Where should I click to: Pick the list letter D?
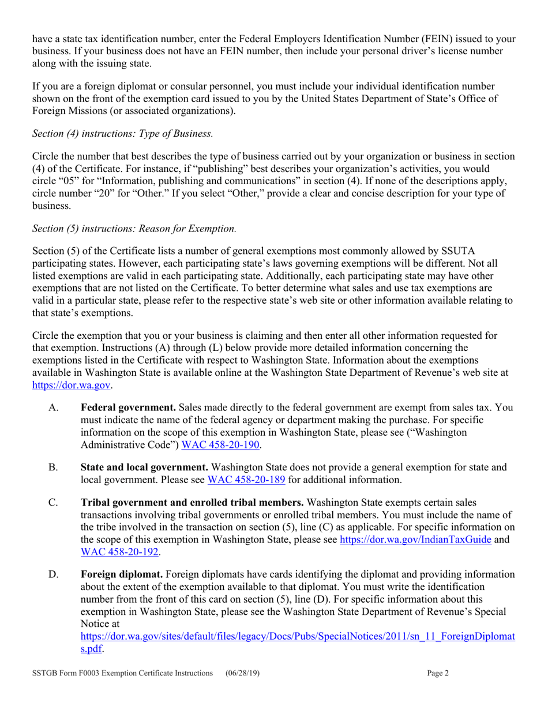pyautogui.click(x=54, y=574)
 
